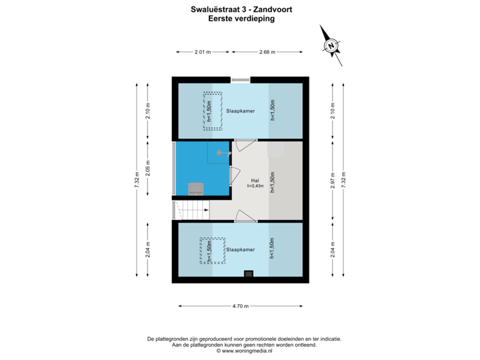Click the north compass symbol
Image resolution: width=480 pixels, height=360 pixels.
pyautogui.click(x=330, y=45)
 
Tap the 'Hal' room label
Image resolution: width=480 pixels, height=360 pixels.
pyautogui.click(x=255, y=181)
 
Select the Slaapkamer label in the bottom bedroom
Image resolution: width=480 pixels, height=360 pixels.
pyautogui.click(x=240, y=250)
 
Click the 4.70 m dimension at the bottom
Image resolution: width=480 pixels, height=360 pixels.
pyautogui.click(x=240, y=306)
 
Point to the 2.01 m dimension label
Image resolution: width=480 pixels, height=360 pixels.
pyautogui.click(x=202, y=51)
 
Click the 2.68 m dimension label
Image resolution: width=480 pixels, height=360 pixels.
pyautogui.click(x=267, y=51)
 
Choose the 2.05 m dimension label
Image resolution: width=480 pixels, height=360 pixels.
pyautogui.click(x=148, y=169)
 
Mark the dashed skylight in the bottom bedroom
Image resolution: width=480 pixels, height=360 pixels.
pyautogui.click(x=209, y=251)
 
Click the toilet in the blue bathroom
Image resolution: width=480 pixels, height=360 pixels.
pyautogui.click(x=195, y=189)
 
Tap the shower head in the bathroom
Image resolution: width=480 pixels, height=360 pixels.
pyautogui.click(x=220, y=153)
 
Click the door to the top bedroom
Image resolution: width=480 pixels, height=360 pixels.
pyautogui.click(x=245, y=142)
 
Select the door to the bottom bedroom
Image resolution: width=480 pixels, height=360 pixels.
pyautogui.click(x=245, y=217)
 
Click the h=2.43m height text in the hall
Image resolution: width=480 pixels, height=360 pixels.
pyautogui.click(x=255, y=187)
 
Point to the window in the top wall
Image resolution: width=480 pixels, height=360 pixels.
pyautogui.click(x=240, y=80)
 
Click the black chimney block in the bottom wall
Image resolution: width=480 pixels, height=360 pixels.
pyautogui.click(x=248, y=273)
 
